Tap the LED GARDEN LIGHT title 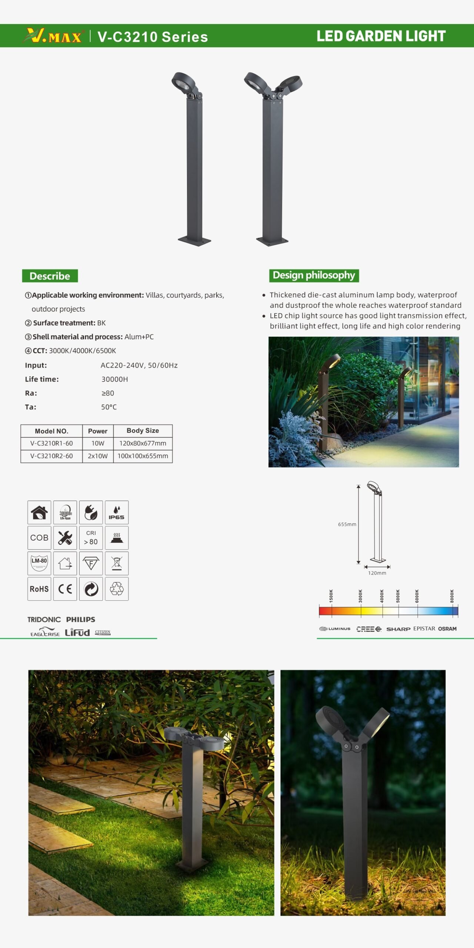point(381,36)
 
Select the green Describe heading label point(50,276)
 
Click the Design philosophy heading point(314,275)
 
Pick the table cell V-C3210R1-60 point(51,443)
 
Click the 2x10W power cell point(98,456)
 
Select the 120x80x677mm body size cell point(143,443)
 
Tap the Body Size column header point(143,431)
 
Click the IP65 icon point(117,513)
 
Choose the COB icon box point(39,538)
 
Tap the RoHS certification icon point(39,589)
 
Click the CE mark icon point(65,589)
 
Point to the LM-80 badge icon point(39,563)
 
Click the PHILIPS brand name point(81,620)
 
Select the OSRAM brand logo point(447,629)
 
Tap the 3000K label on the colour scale point(360,596)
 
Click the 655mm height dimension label point(347,524)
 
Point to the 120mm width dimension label point(377,573)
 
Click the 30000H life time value point(115,379)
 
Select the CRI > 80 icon point(91,538)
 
